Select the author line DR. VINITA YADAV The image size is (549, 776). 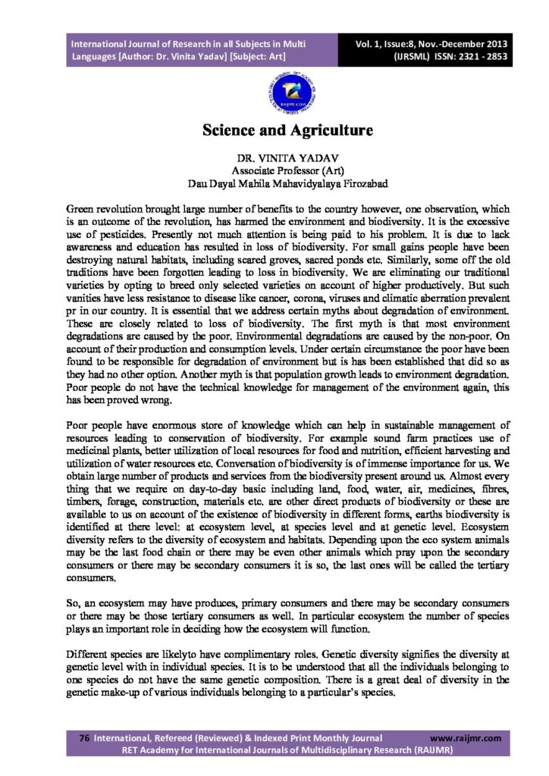click(x=274, y=158)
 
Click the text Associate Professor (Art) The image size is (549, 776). click(x=274, y=171)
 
